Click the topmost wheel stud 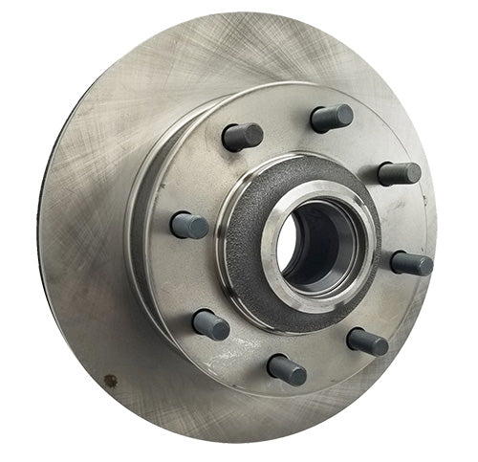(x=331, y=118)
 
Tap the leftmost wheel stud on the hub (x=189, y=225)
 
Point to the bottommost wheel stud (x=286, y=368)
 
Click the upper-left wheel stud (x=242, y=137)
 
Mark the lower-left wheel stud (x=210, y=323)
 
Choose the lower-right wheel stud (x=367, y=341)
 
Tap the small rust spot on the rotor (x=110, y=380)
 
